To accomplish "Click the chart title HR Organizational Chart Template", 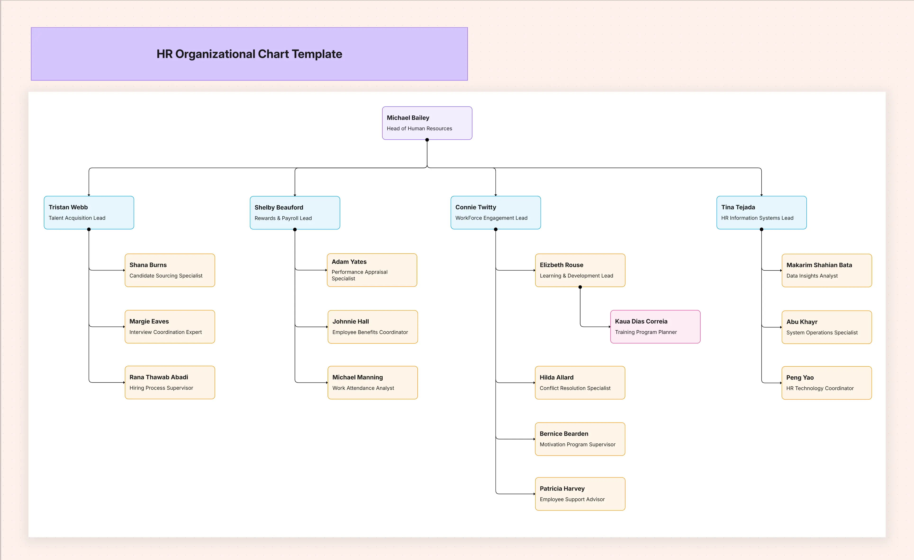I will [249, 54].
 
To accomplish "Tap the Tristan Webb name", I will [68, 207].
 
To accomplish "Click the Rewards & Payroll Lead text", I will [283, 218].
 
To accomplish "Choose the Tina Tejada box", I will [761, 212].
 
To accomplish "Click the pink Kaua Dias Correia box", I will [655, 327].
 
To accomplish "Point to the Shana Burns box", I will [170, 270].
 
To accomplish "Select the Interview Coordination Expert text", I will [165, 332].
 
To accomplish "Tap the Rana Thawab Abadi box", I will [170, 382].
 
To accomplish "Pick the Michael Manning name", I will [357, 377].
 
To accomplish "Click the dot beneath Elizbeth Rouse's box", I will [580, 287].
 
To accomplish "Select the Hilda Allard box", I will [580, 382].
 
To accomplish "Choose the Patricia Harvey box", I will [580, 494].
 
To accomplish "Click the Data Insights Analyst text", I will [812, 276].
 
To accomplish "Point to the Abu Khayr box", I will [826, 327].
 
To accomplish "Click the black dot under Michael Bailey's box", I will [427, 140].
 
